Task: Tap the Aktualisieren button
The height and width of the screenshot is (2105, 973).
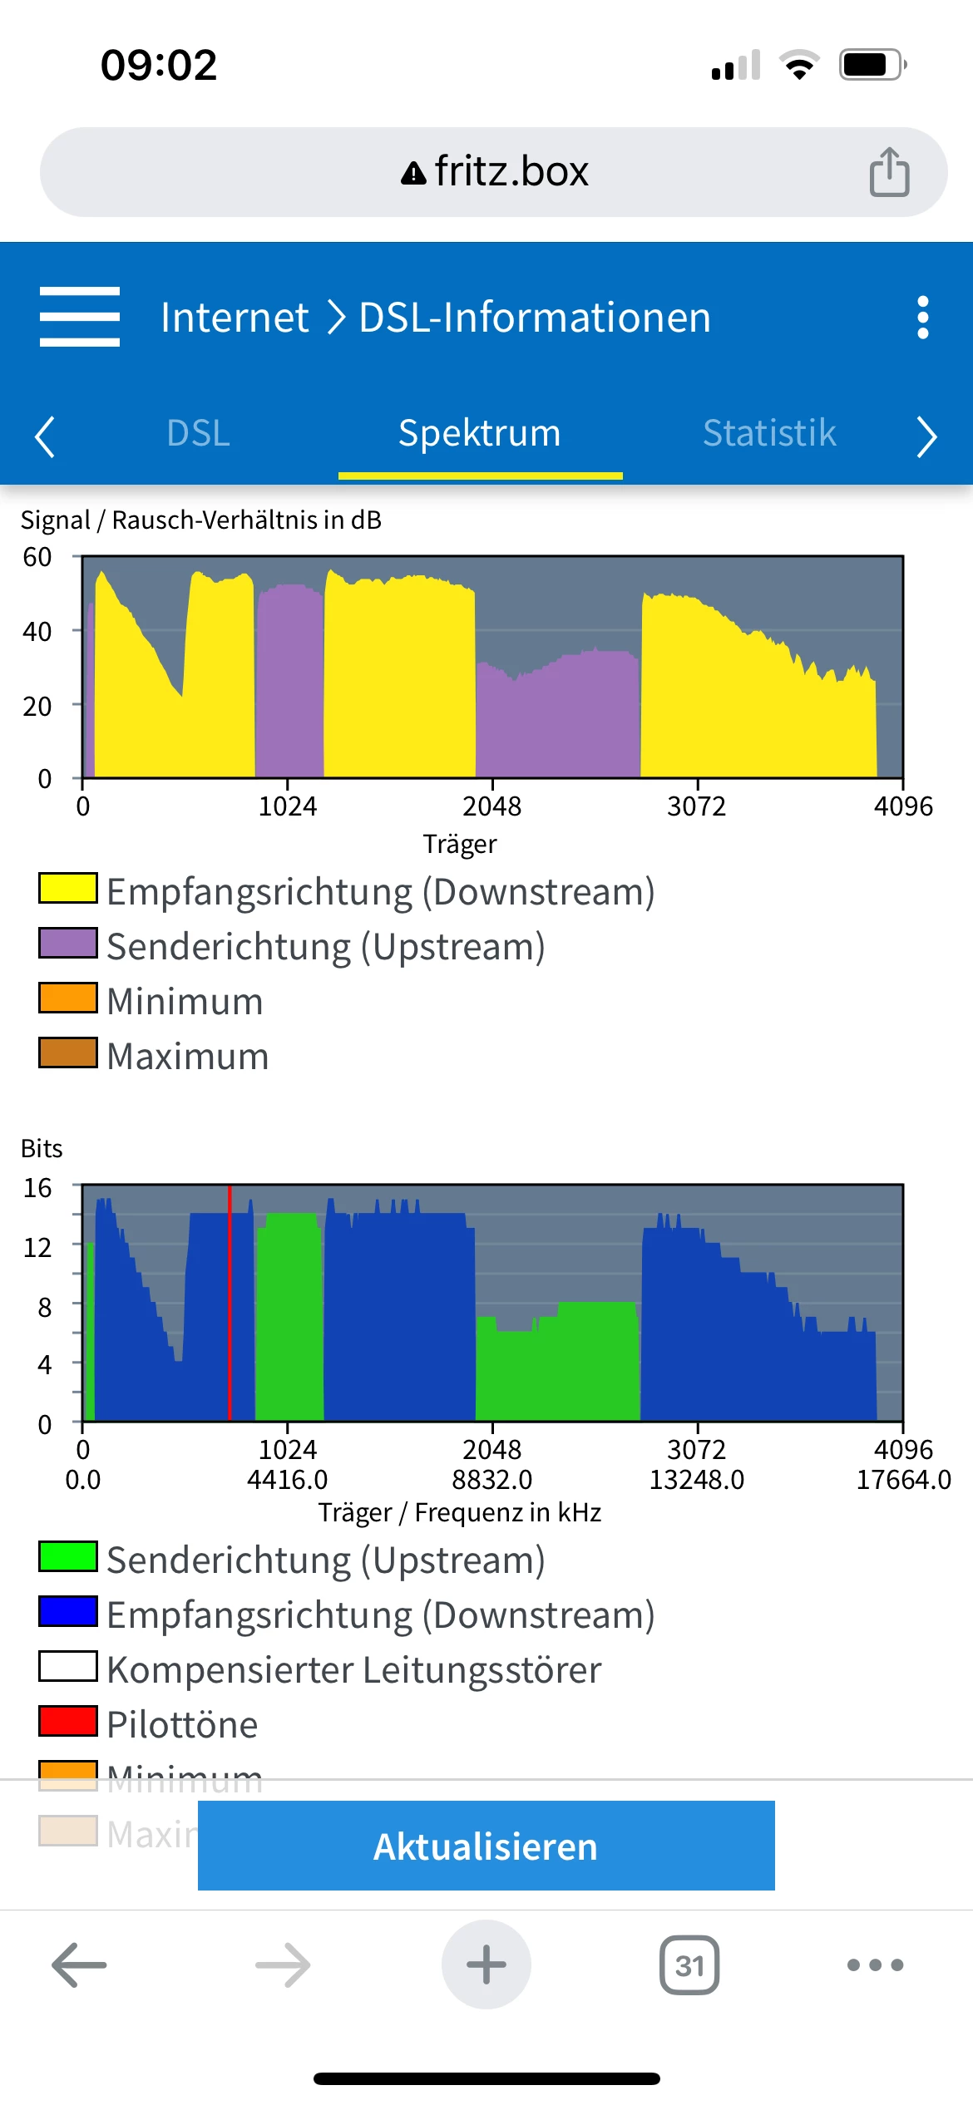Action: coord(486,1846)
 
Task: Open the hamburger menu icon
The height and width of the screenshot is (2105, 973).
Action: coord(80,317)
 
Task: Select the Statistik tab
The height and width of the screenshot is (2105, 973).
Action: coord(769,433)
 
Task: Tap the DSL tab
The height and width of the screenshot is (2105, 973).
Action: coord(198,433)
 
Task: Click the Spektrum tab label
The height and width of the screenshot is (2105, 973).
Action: coord(480,433)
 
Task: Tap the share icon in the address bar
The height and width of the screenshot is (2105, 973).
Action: coord(889,172)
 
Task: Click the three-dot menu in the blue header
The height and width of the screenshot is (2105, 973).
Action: coord(922,318)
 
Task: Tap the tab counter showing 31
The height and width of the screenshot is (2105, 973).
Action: coord(689,1965)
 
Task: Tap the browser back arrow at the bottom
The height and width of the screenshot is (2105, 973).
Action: coord(79,1965)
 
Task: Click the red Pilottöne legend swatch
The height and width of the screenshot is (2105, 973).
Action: coord(68,1721)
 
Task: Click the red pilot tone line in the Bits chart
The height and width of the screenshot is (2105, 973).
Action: coord(230,1301)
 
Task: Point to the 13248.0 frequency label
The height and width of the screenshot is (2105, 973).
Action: coord(697,1480)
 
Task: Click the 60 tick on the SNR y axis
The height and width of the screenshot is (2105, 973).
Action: coord(37,557)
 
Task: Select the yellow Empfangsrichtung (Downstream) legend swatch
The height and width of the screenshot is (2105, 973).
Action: coord(68,888)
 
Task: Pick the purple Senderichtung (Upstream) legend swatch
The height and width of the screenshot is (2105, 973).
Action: coord(68,943)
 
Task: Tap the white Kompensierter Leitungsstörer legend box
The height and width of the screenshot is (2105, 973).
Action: coord(68,1666)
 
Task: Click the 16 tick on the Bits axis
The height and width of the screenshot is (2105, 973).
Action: coord(37,1188)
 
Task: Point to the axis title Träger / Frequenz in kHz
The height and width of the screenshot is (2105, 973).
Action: coord(460,1512)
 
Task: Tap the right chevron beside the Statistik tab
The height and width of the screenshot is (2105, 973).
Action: coord(926,436)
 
